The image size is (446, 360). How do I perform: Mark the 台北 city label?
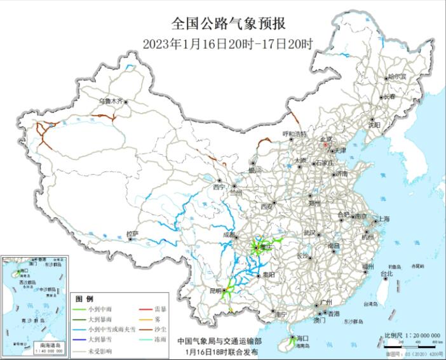pos(386,274)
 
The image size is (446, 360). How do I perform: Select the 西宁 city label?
pos(219,187)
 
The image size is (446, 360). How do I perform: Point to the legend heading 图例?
pos(84,298)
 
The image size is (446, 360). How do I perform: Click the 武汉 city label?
pos(310,232)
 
